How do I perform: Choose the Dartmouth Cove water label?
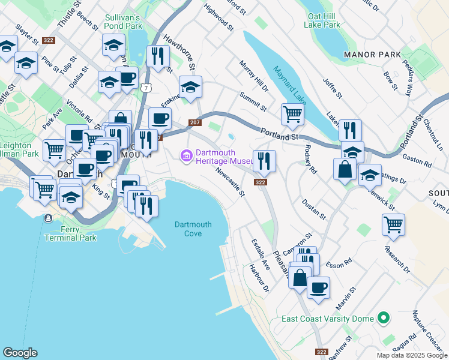coord(193,229)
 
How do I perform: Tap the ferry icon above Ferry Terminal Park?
coord(47,218)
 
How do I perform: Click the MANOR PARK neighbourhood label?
coord(372,55)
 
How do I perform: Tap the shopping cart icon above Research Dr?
coord(393,224)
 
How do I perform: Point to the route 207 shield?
coord(194,122)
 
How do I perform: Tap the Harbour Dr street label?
coord(259,277)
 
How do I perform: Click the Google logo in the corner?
coord(20,353)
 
